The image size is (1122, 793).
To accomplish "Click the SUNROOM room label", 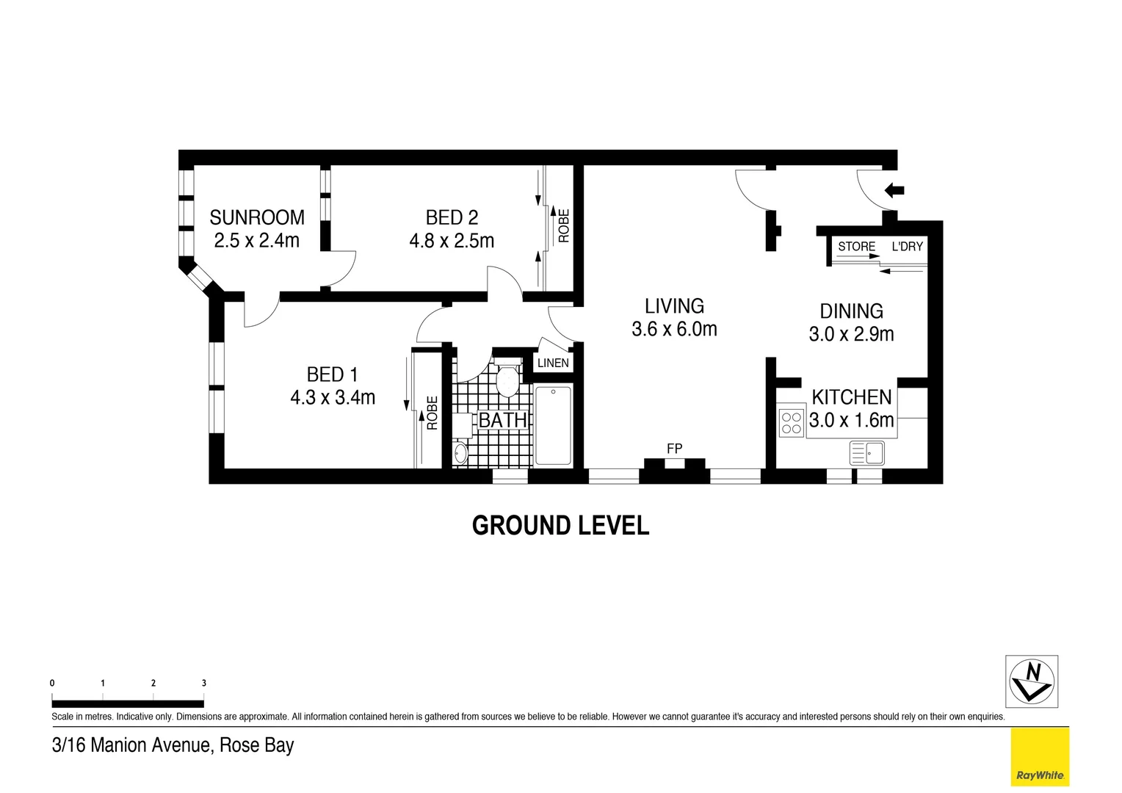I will [x=256, y=217].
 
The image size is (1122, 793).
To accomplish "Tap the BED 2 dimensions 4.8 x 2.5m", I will [x=452, y=241].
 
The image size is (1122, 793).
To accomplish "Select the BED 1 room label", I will [x=332, y=374].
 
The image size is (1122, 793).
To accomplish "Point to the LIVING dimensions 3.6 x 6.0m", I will [x=674, y=329].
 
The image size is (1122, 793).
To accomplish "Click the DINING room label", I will [x=851, y=311].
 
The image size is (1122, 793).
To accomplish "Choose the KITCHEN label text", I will [x=851, y=397].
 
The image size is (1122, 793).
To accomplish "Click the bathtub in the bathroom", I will [x=553, y=426].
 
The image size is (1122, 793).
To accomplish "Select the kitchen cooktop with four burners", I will [x=791, y=423].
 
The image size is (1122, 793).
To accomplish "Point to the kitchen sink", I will [x=867, y=452].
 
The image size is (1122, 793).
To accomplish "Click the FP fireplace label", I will [x=674, y=448].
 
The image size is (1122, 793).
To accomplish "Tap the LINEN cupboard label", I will [x=553, y=363].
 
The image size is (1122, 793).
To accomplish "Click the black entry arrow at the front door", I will [x=894, y=191].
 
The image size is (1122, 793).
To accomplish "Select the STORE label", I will [x=856, y=247].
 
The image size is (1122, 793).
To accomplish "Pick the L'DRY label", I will [x=907, y=247].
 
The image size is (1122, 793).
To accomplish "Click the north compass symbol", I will [x=1031, y=681].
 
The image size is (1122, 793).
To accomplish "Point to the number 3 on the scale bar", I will [x=203, y=683].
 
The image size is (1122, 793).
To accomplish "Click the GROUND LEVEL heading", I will [x=560, y=526].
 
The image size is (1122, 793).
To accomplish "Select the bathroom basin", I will [x=460, y=452].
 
